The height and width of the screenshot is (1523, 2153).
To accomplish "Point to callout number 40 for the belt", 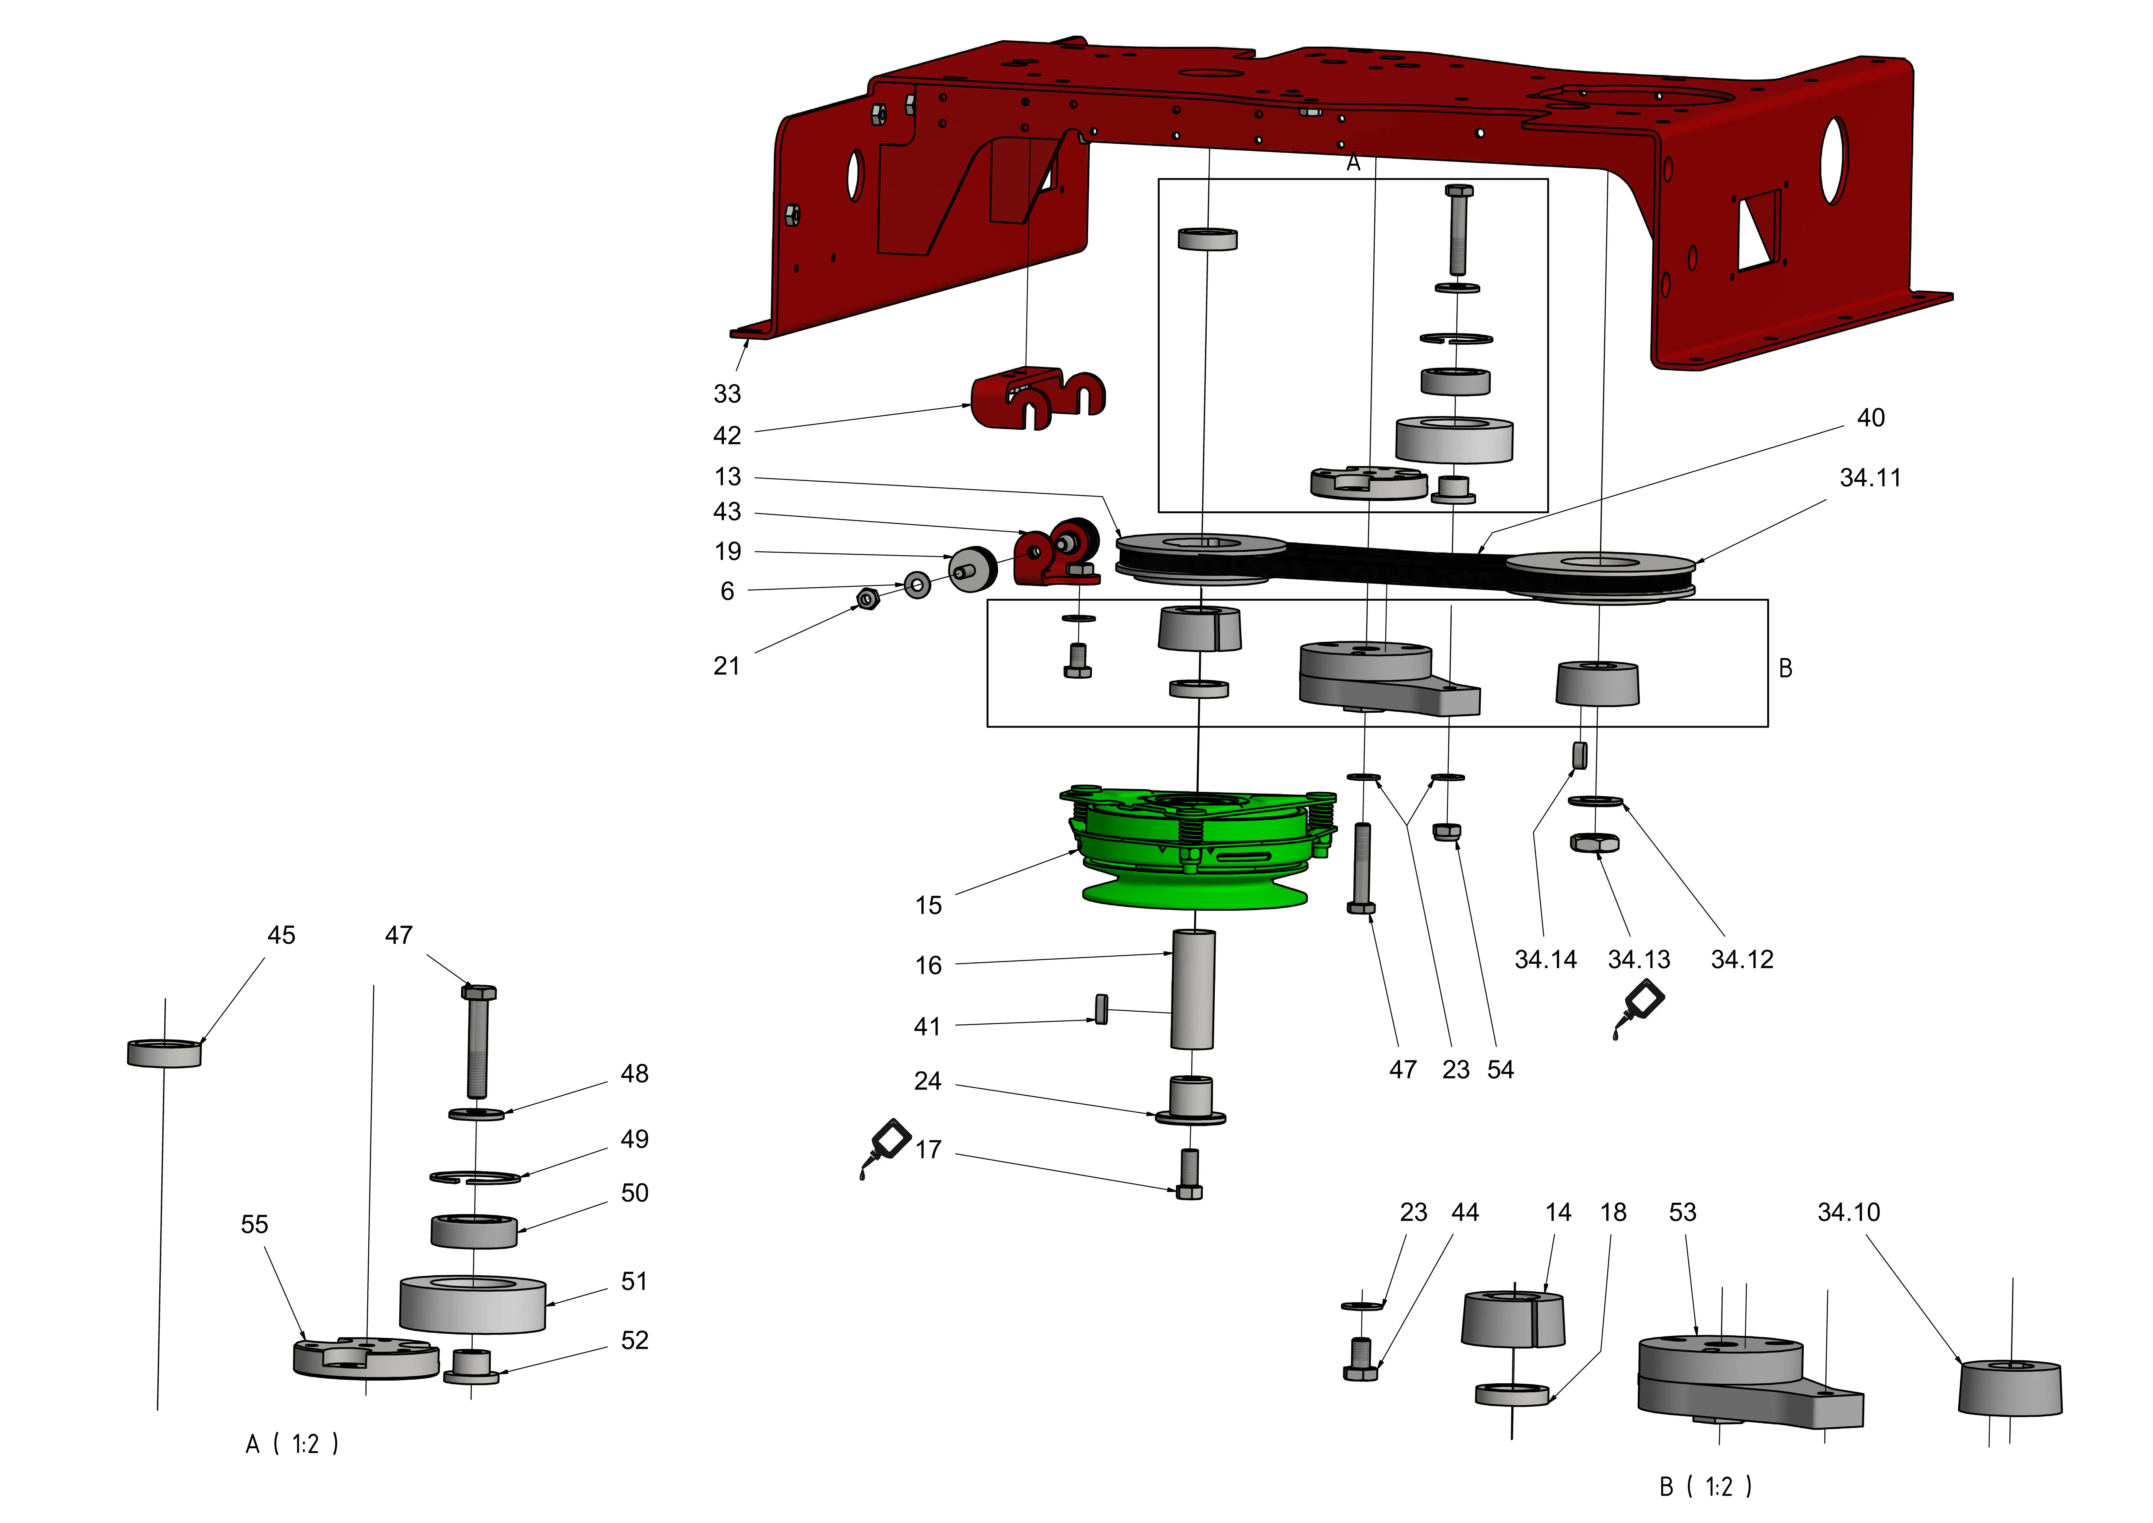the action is click(x=1871, y=418).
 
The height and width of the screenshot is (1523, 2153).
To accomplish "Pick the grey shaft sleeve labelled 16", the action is click(x=1193, y=989).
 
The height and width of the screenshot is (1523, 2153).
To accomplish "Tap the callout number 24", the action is click(x=927, y=1081).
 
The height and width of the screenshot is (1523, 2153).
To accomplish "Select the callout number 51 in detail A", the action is click(x=634, y=1282).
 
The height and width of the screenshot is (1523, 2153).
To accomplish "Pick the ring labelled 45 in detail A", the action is click(x=164, y=1053).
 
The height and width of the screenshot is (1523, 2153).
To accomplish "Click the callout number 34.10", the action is click(x=1848, y=1213).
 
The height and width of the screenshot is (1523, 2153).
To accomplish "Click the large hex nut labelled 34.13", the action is click(x=1594, y=842).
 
